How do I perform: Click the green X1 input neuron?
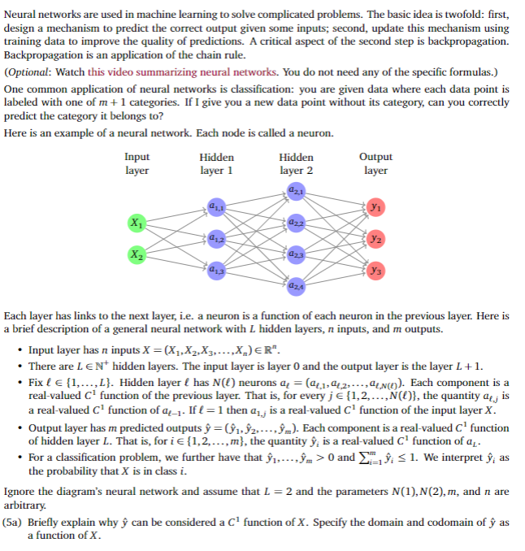tap(135, 223)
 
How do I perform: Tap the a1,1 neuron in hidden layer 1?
tap(215, 207)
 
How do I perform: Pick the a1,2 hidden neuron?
tap(215, 238)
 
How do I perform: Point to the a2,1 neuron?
tap(295, 192)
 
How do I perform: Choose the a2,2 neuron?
tap(295, 223)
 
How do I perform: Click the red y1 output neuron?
tap(375, 207)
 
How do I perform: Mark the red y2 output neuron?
tap(375, 238)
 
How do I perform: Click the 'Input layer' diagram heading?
tap(137, 163)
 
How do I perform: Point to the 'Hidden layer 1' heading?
tap(216, 163)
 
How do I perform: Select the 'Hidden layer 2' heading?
tap(296, 163)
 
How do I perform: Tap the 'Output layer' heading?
tap(375, 163)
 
